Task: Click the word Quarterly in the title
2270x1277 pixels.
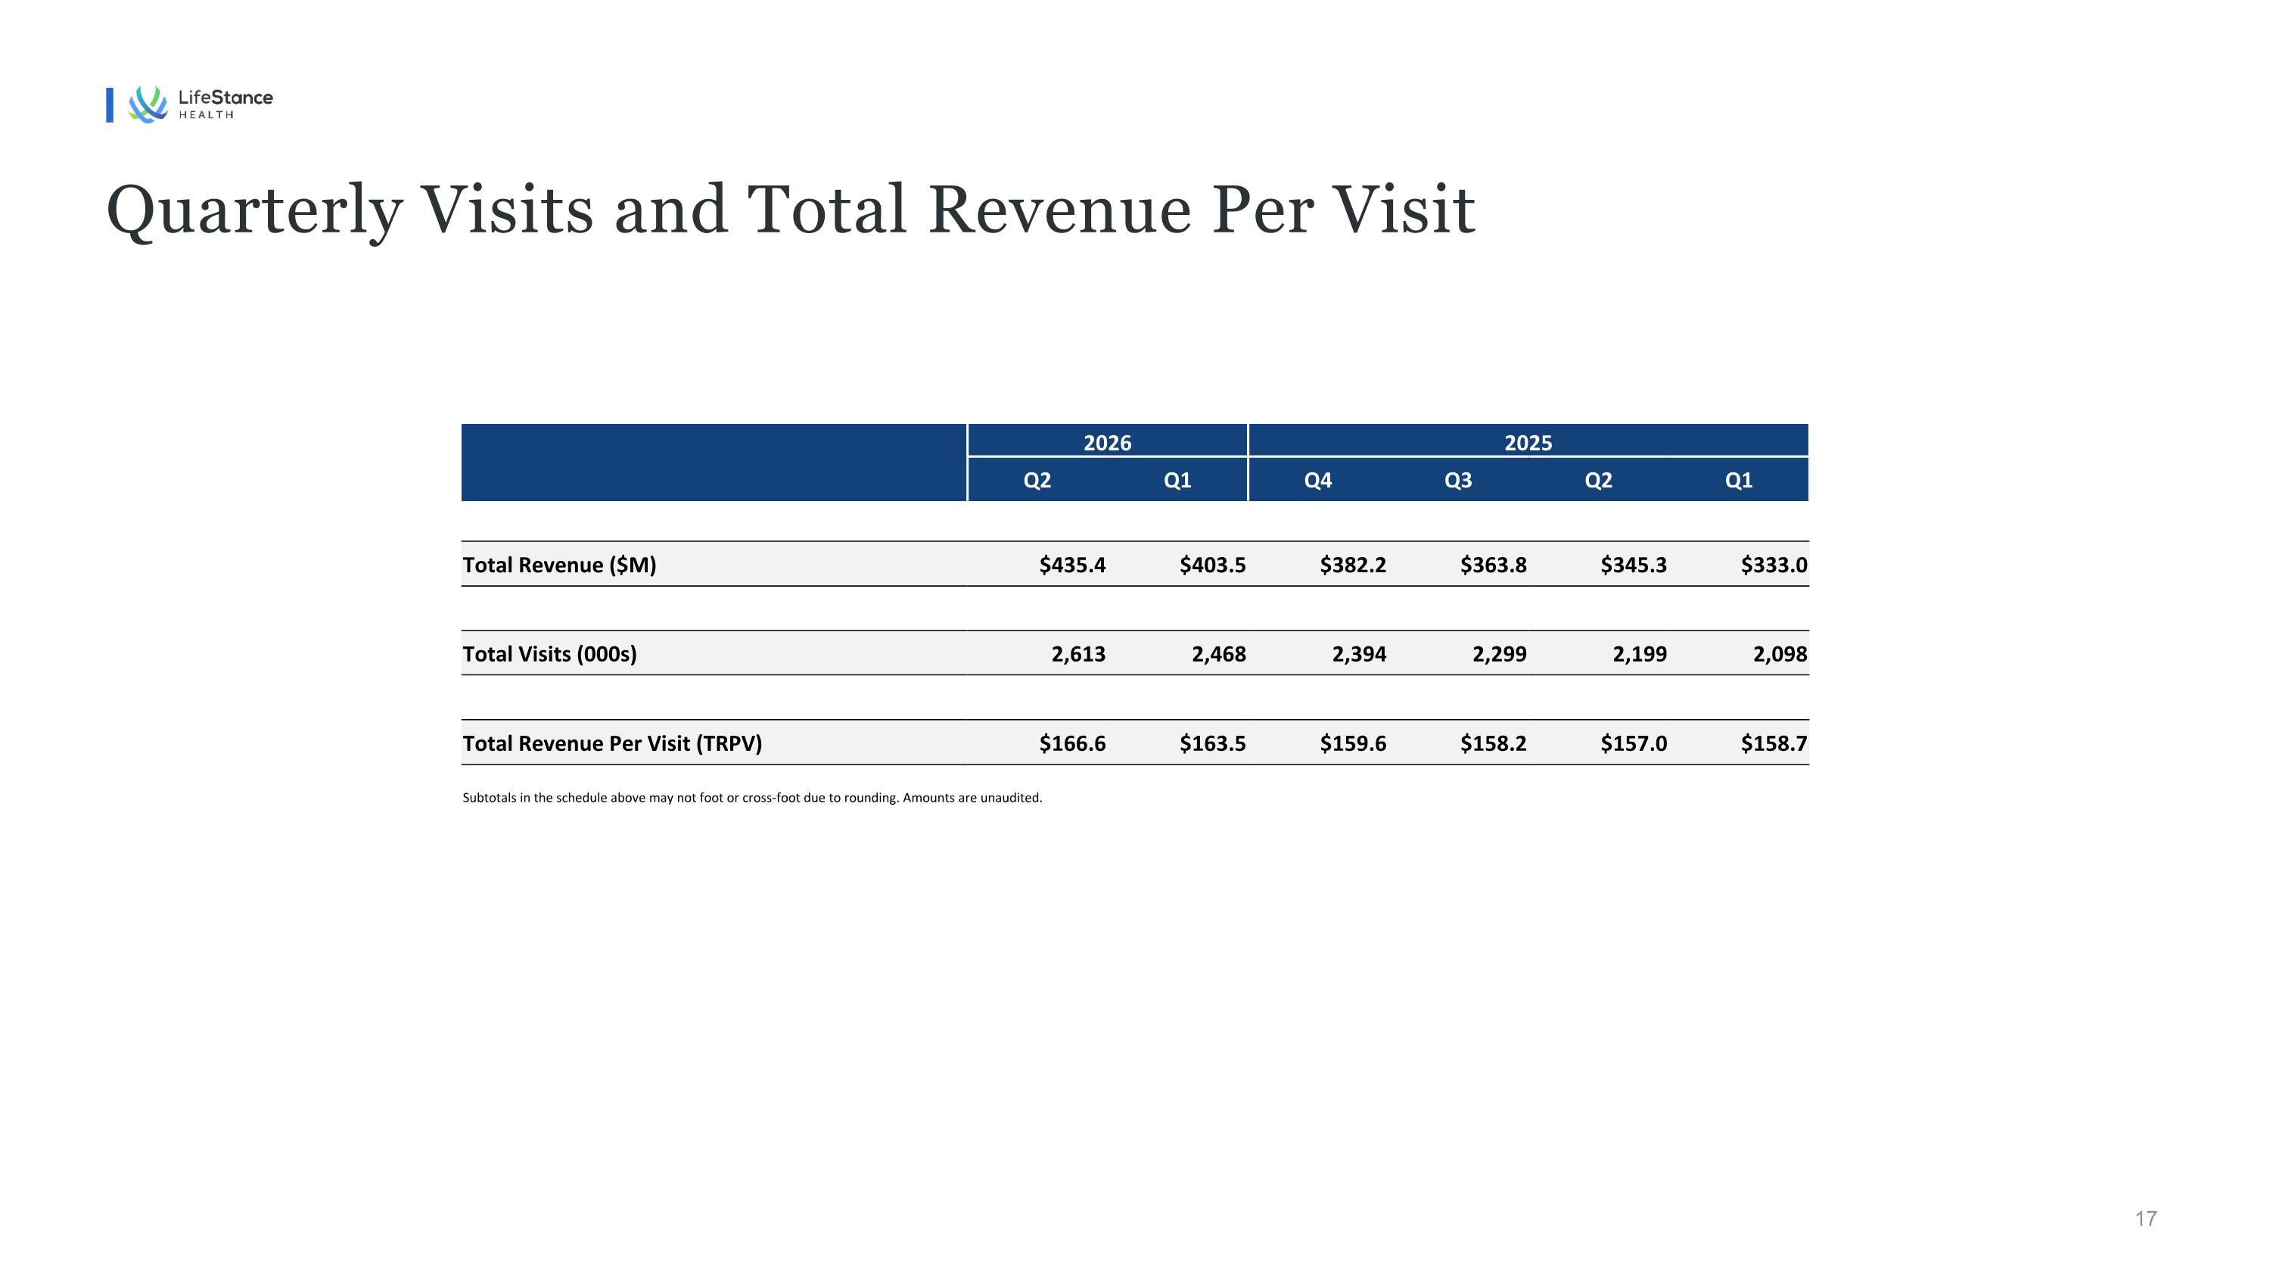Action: (253, 211)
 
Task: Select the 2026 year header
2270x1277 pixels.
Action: (1107, 442)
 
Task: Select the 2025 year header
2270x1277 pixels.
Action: (1528, 442)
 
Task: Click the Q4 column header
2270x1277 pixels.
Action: (1317, 481)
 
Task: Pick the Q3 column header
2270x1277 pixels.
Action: (1457, 481)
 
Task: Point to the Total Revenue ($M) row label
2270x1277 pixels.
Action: (560, 565)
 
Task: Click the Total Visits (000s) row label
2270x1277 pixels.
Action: (549, 654)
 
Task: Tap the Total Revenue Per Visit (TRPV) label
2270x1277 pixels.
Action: (612, 743)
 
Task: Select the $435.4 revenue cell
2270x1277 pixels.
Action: (1072, 565)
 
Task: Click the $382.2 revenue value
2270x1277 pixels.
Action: (1353, 565)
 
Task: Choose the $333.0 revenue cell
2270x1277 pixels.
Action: (1774, 565)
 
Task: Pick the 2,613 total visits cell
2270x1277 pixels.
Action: (1078, 654)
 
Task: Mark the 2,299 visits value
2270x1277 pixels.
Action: (1499, 654)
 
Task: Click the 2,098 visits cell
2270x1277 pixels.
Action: (1780, 654)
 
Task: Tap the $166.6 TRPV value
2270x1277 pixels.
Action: (1072, 743)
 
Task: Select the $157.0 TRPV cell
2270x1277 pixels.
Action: (1634, 743)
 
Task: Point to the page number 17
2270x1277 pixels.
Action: (2146, 1219)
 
